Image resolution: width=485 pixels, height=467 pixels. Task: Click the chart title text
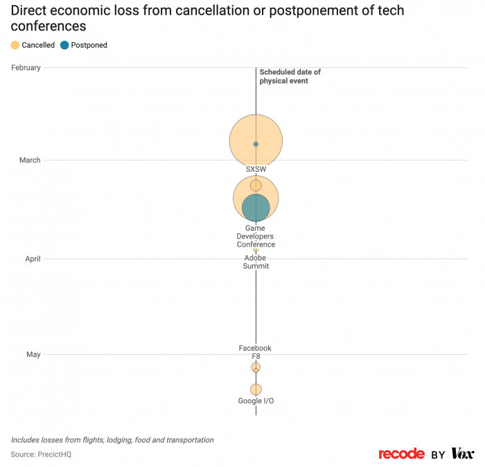(208, 18)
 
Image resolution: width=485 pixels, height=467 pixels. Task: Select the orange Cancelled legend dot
(15, 45)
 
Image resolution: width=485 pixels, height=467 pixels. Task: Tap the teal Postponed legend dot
(64, 45)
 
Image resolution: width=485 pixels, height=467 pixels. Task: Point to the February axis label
(26, 67)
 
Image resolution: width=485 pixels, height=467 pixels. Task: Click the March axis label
(30, 160)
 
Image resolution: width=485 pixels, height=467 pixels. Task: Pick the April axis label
(33, 259)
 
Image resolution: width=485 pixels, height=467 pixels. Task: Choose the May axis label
(33, 354)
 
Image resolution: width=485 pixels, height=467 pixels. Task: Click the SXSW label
(256, 169)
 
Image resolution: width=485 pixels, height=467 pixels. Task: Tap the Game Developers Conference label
(256, 236)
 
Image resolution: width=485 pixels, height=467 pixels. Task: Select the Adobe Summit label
(256, 263)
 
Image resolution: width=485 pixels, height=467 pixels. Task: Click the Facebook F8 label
(255, 352)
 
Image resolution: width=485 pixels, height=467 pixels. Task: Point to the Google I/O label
(256, 401)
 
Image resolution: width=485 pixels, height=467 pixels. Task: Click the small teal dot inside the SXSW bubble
(256, 144)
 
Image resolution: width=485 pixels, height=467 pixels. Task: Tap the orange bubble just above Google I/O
(256, 389)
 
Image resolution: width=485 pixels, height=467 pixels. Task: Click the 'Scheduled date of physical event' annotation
(290, 76)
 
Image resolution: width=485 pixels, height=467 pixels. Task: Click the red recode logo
(401, 454)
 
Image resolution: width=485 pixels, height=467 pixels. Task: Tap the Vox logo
(462, 454)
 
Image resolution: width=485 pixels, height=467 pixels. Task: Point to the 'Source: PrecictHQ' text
(41, 455)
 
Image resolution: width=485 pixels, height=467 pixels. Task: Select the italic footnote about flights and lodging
(112, 440)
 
